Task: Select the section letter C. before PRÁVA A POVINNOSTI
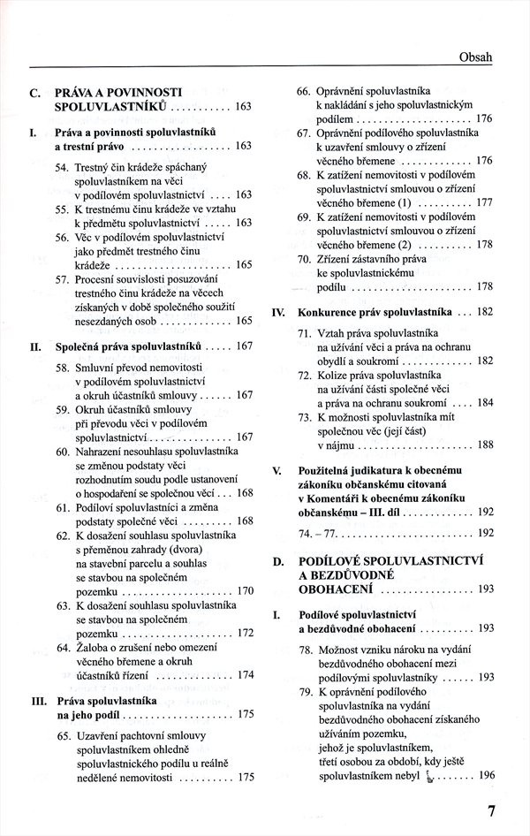click(34, 92)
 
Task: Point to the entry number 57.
click(62, 279)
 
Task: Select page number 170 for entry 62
click(246, 590)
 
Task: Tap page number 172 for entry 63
click(246, 633)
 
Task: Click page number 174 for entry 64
click(246, 675)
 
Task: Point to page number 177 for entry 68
click(484, 202)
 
